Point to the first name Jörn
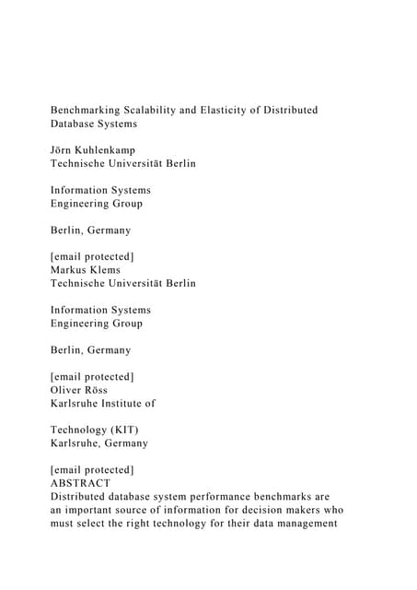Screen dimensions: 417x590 click(x=64, y=149)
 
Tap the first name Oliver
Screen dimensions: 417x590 click(x=67, y=389)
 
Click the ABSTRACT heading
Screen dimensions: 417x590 click(x=80, y=482)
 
